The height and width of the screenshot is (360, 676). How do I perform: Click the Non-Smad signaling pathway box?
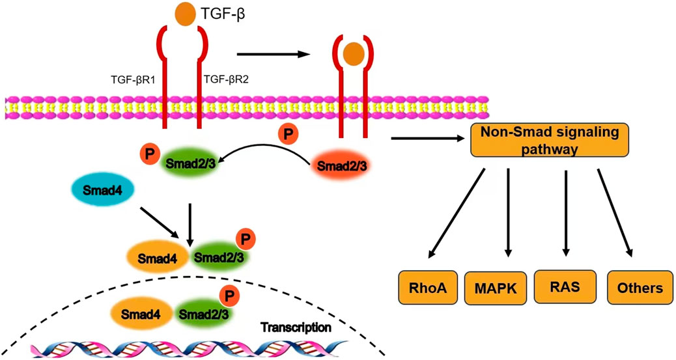click(549, 140)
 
